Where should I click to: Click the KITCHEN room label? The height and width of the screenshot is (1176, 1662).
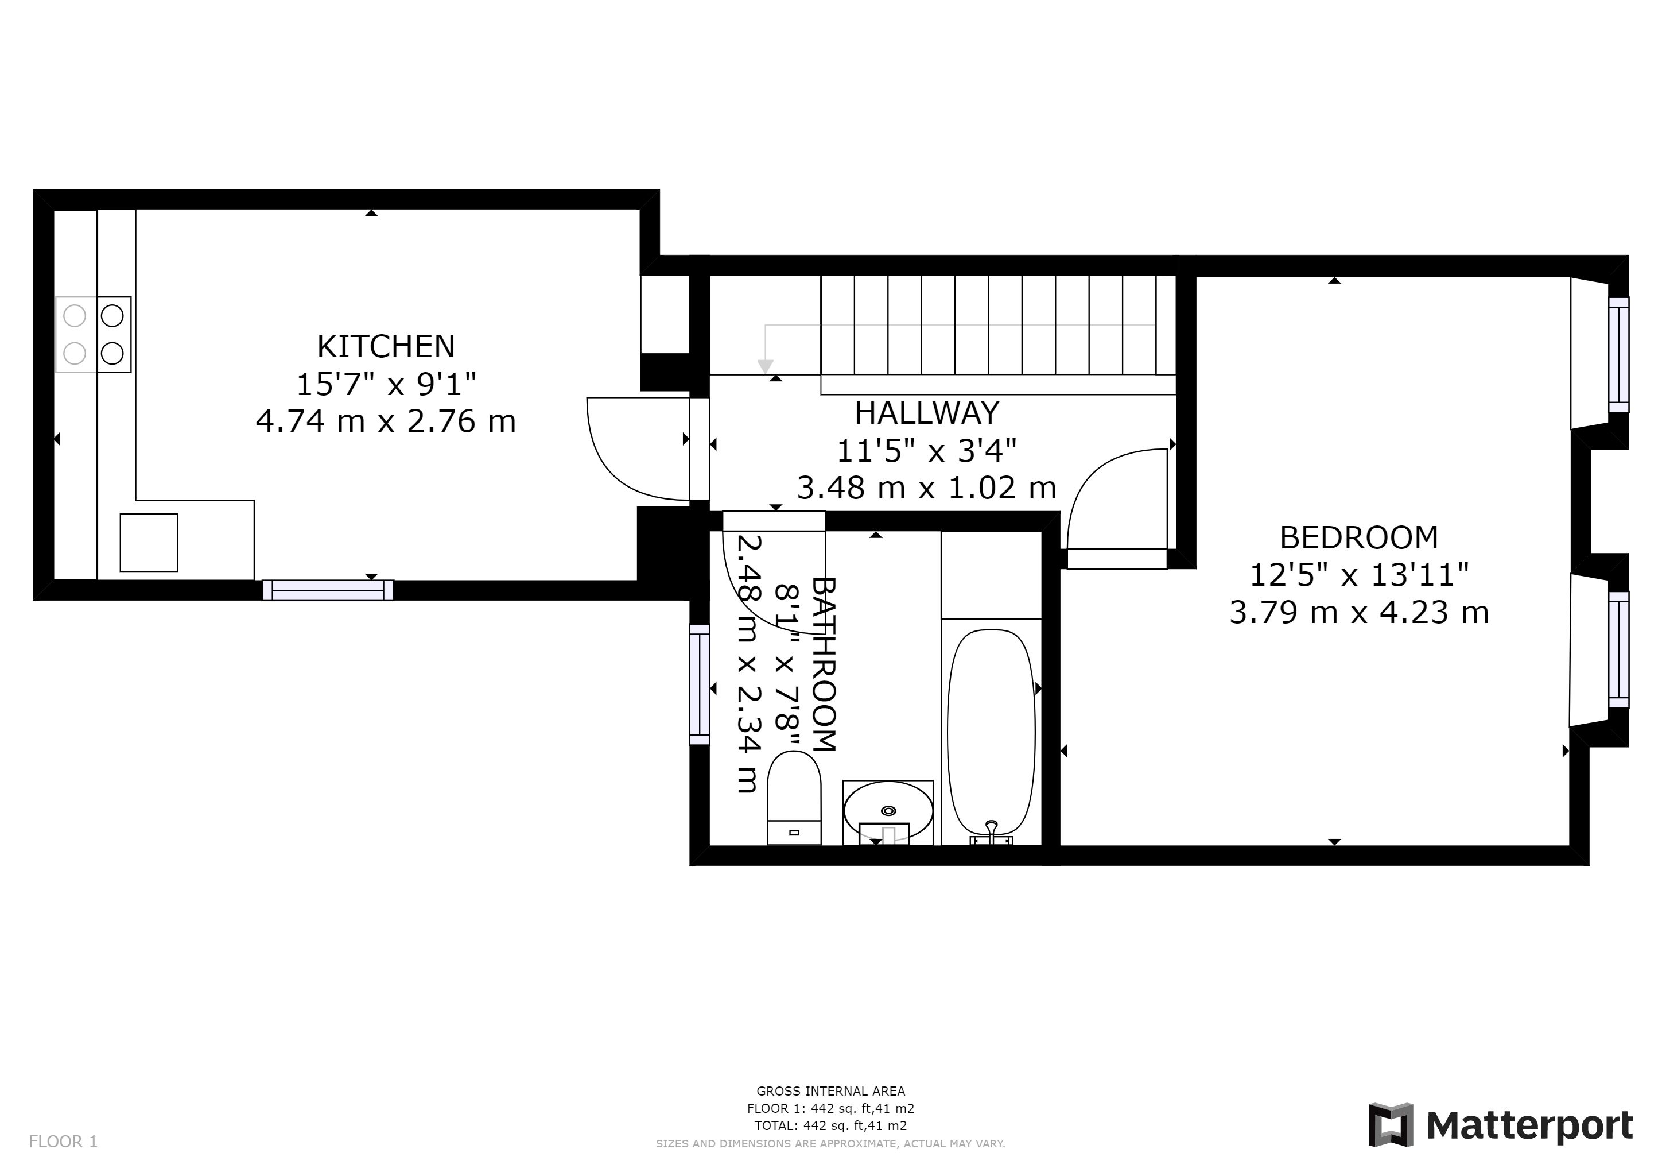pyautogui.click(x=386, y=346)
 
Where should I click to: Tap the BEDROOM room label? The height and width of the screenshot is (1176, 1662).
pyautogui.click(x=1359, y=537)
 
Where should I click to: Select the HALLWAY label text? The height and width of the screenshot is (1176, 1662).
pyautogui.click(x=926, y=413)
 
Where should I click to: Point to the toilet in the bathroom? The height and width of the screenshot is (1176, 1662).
pyautogui.click(x=794, y=797)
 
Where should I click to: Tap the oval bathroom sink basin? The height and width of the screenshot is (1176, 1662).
pyautogui.click(x=888, y=811)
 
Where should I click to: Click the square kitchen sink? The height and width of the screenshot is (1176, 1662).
pyautogui.click(x=149, y=543)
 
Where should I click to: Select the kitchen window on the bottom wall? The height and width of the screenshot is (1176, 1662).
pyautogui.click(x=328, y=590)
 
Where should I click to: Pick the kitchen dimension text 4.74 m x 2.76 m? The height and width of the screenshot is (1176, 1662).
pyautogui.click(x=386, y=421)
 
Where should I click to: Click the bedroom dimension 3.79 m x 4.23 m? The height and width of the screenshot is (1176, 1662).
pyautogui.click(x=1359, y=613)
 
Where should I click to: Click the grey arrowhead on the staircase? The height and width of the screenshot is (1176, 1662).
pyautogui.click(x=765, y=366)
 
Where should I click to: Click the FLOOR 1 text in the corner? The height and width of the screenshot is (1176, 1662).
pyautogui.click(x=63, y=1142)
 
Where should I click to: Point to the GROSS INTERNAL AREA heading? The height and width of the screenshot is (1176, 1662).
pyautogui.click(x=830, y=1090)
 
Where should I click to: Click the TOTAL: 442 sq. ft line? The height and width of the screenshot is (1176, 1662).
pyautogui.click(x=830, y=1125)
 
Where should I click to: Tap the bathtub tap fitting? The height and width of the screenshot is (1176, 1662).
pyautogui.click(x=991, y=834)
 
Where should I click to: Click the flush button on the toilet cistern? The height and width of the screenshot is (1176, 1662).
pyautogui.click(x=794, y=833)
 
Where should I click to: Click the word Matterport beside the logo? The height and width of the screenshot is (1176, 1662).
pyautogui.click(x=1530, y=1125)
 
